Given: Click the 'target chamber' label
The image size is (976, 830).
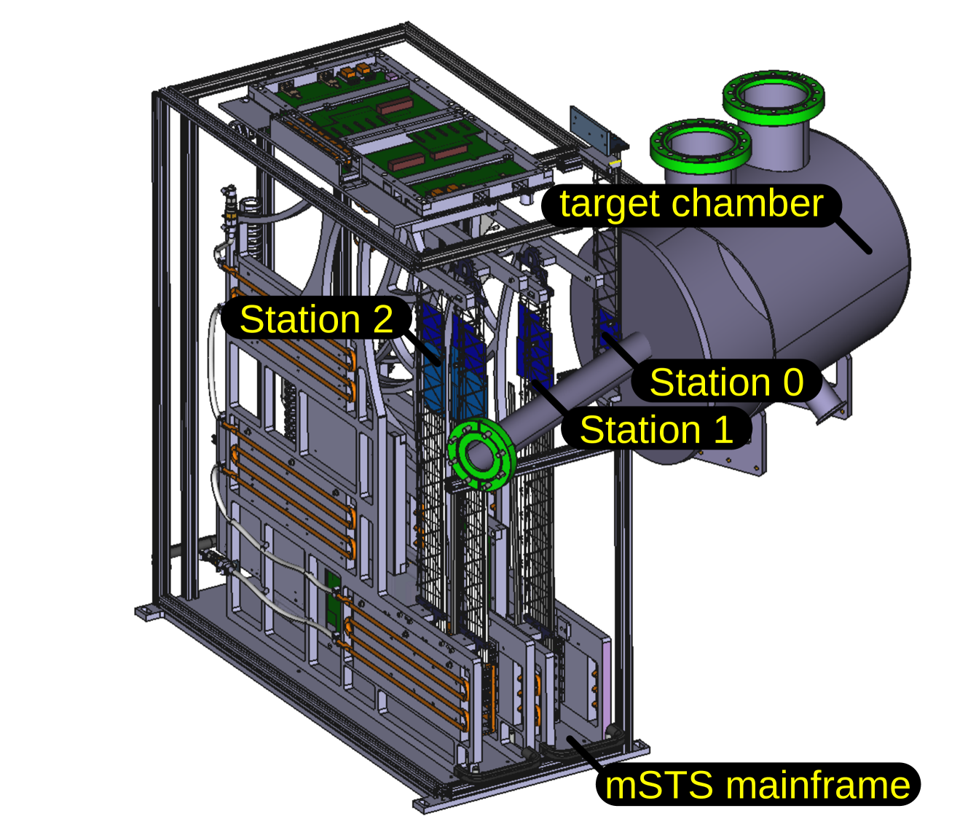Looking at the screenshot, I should tap(691, 204).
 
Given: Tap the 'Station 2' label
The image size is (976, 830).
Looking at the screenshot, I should tap(316, 319).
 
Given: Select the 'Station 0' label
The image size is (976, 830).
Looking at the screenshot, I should tap(726, 383).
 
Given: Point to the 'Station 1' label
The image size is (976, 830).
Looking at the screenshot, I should tap(656, 429).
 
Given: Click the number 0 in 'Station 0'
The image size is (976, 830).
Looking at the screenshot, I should tap(793, 383).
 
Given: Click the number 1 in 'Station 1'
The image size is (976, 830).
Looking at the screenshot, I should tap(723, 429).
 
